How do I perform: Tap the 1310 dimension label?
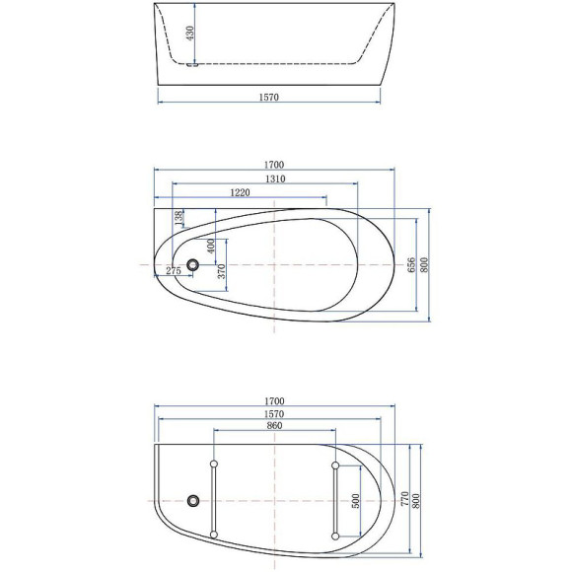tap(274, 179)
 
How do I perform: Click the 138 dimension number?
tap(178, 218)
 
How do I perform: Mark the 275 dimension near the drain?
tap(173, 270)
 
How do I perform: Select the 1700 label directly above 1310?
tap(274, 165)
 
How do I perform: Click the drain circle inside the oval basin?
tap(193, 265)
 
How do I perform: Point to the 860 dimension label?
tap(274, 426)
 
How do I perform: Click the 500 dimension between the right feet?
tap(355, 500)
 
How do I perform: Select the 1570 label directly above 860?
tap(274, 414)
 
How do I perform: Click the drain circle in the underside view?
tap(193, 502)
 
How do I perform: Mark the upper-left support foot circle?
tap(214, 465)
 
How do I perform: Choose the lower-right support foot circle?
tap(336, 536)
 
